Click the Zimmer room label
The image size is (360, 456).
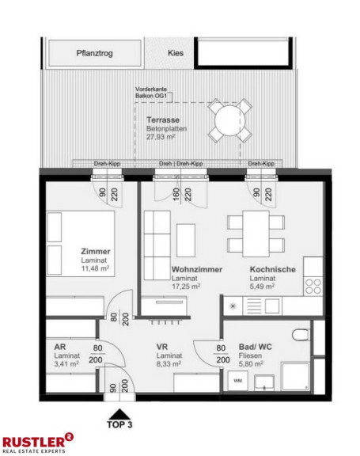pyautogui.click(x=96, y=252)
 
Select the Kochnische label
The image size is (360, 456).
pyautogui.click(x=272, y=270)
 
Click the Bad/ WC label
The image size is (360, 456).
pyautogui.click(x=258, y=347)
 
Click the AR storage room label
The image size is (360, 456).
pyautogui.click(x=59, y=347)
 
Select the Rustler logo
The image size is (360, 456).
pyautogui.click(x=38, y=441)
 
